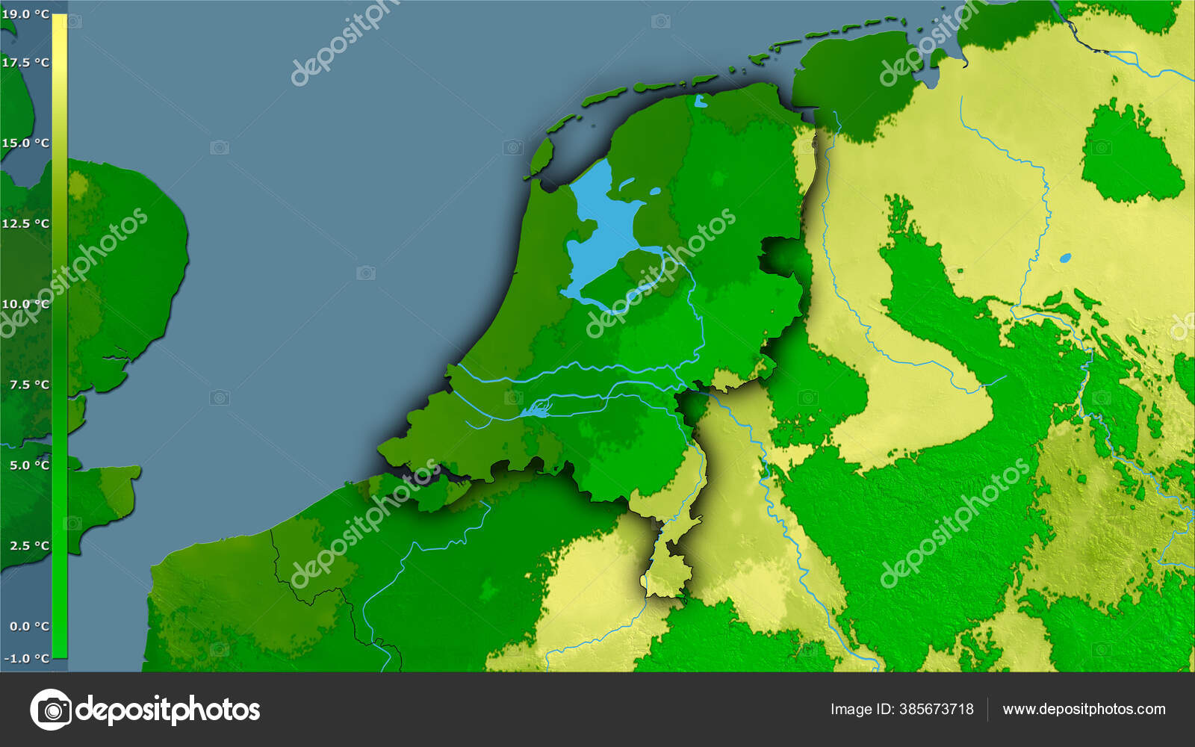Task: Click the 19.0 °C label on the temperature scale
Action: pos(25,14)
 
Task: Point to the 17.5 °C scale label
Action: pos(25,63)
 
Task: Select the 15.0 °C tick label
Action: pos(25,143)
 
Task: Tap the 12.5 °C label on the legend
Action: pos(25,223)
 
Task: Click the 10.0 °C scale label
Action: pos(25,304)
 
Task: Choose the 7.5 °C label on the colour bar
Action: pos(29,385)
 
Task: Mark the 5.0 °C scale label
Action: pos(29,465)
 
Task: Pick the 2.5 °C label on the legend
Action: pos(29,546)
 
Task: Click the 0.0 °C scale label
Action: pos(29,627)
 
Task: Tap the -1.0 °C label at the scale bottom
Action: pos(27,658)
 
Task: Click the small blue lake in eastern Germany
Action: pos(1065,258)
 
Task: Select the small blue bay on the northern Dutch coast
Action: pos(699,101)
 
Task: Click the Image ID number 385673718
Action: pos(937,710)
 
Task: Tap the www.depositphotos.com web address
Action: pos(1084,710)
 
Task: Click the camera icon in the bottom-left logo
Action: pos(51,710)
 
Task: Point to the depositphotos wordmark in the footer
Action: pos(168,710)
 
